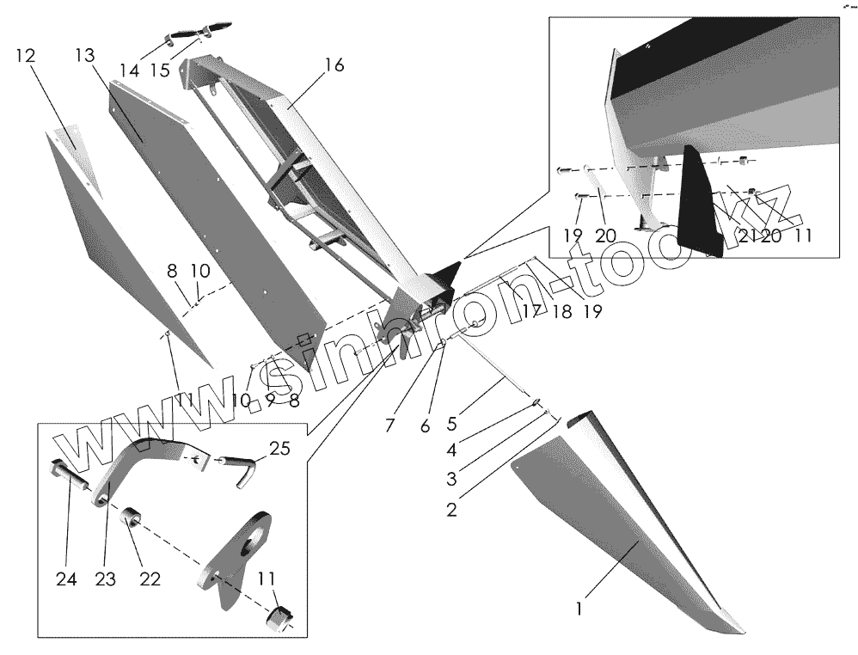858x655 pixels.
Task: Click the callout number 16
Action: click(334, 65)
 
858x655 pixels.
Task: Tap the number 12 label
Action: click(25, 56)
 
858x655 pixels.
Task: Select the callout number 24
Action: click(66, 580)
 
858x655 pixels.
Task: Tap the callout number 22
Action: click(150, 580)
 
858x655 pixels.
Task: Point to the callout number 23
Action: click(105, 580)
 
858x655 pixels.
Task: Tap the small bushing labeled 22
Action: click(135, 521)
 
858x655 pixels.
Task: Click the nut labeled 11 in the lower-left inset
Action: click(279, 617)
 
